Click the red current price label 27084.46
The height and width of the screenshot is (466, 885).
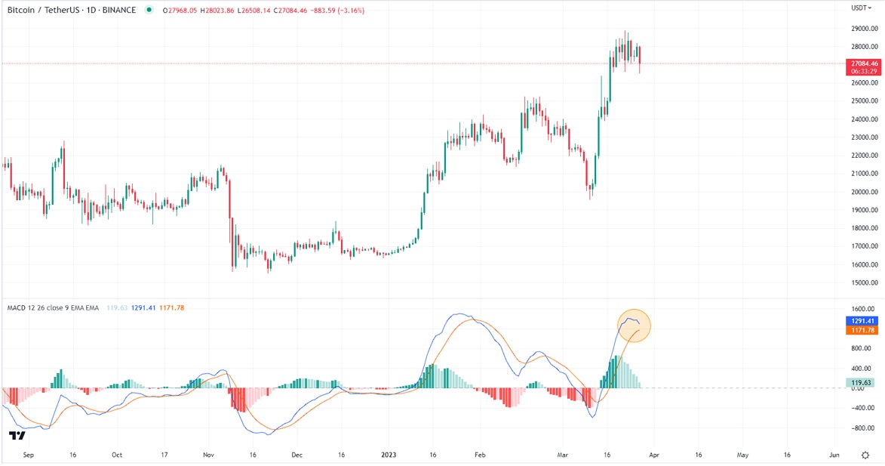tap(863, 63)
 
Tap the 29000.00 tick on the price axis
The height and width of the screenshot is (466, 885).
tap(863, 28)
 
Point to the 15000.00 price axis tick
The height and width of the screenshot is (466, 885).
tap(863, 283)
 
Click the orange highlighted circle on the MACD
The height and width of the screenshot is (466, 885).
tap(634, 326)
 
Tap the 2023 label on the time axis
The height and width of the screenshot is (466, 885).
tap(389, 455)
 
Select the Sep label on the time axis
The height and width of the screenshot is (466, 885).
tap(29, 455)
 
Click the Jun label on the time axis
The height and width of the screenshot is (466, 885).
tap(834, 455)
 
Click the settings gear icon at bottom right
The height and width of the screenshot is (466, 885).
tap(866, 455)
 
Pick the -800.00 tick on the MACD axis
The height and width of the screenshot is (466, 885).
tap(863, 427)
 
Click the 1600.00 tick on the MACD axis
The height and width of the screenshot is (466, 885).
tap(863, 310)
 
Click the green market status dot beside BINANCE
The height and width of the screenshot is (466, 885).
tap(149, 10)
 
